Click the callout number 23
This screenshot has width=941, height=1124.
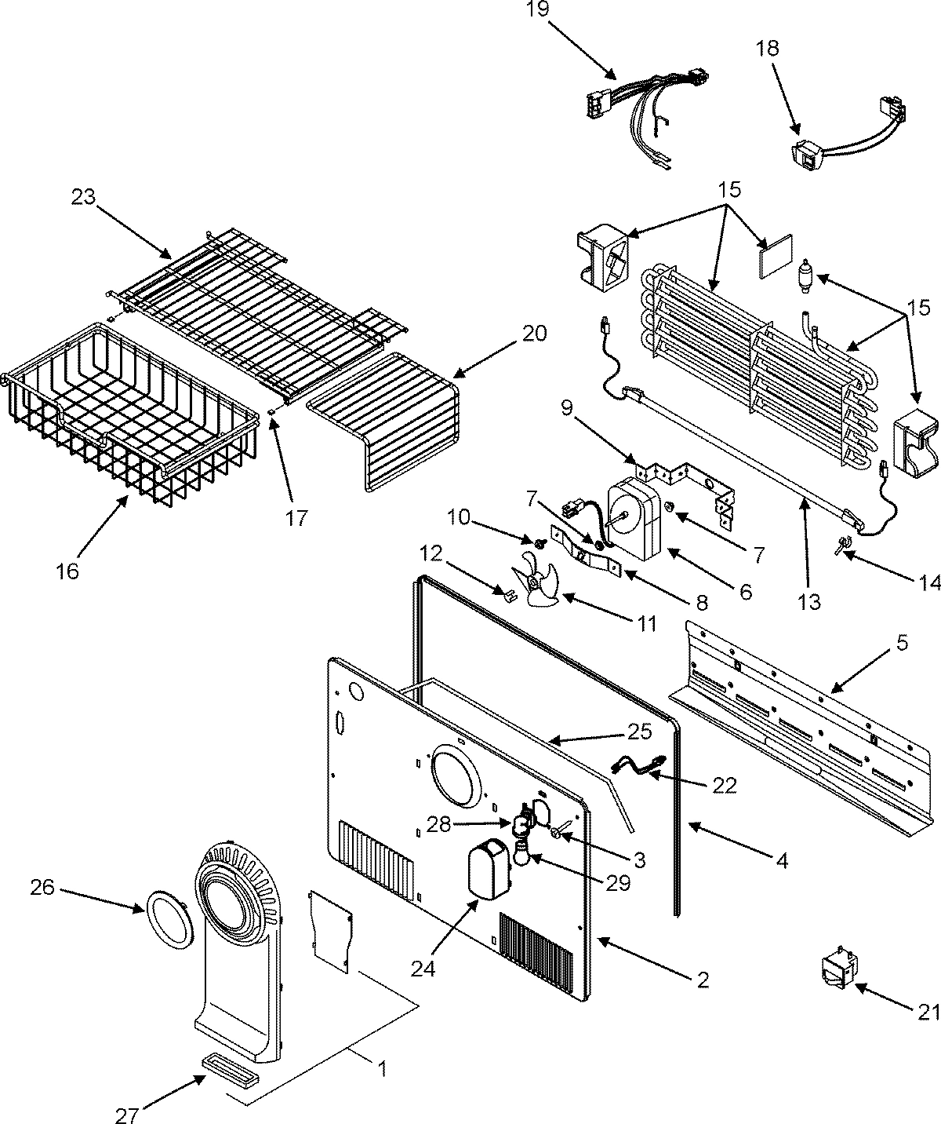[x=84, y=196]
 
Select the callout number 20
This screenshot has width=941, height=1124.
[x=534, y=334]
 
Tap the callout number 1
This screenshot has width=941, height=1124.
[x=381, y=1068]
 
